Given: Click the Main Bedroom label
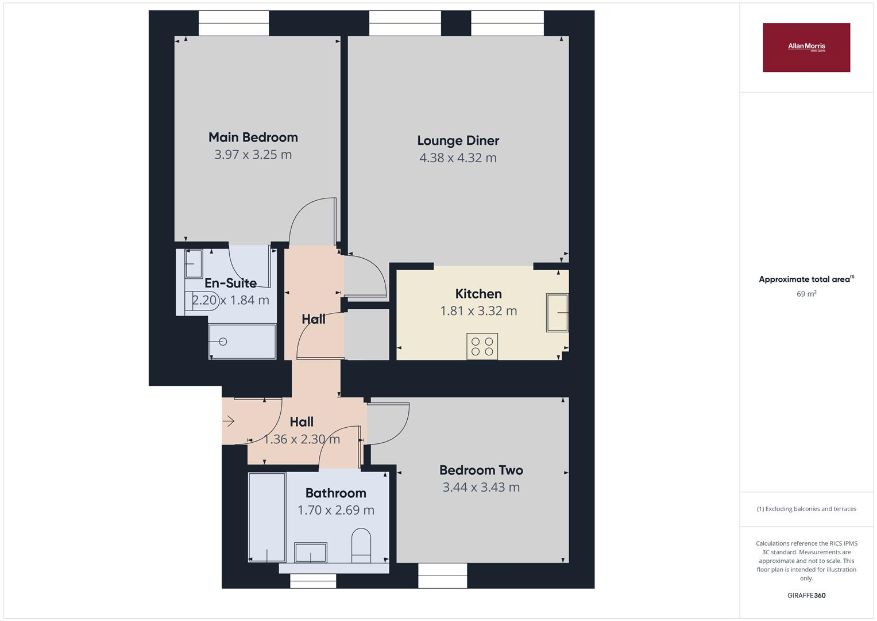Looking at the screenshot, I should point(253,137).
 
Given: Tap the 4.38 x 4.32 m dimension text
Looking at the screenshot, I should point(458,158).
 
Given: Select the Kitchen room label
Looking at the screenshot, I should point(478,294).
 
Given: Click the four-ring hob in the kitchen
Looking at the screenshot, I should point(482,346).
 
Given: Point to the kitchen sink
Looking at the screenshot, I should point(557,313).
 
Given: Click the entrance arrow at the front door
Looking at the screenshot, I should point(229,421).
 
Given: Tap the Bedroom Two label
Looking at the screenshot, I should point(481,470).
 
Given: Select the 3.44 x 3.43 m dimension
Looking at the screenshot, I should point(481,488).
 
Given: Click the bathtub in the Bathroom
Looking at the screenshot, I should point(267,517).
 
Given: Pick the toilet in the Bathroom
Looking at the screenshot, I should point(361,546).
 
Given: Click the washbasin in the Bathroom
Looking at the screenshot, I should point(311,553).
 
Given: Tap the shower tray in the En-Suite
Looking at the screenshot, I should point(242,342).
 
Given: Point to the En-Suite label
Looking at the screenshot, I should point(230,283).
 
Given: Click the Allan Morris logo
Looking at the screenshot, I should point(806,48).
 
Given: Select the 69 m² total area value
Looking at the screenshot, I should point(806,294).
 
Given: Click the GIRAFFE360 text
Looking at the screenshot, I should point(806,595).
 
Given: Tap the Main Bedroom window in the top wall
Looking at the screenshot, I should point(234,24).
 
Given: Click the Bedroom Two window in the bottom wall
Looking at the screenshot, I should point(442,575).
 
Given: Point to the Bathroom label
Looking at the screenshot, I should point(335,493).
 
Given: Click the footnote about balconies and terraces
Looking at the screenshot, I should point(806,509).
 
